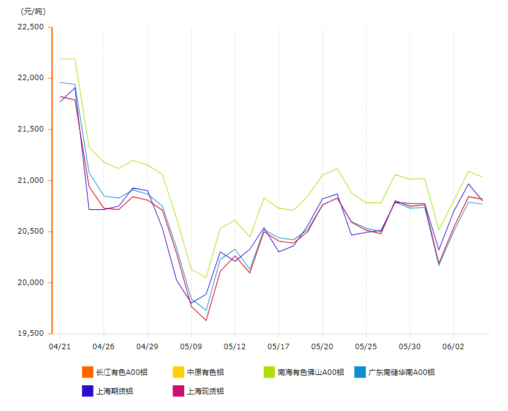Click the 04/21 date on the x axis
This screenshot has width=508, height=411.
pos(59,346)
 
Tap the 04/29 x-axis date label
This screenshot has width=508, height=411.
pos(147,346)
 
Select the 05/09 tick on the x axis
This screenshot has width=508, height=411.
pos(191,346)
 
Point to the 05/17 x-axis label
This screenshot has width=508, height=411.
pos(278,346)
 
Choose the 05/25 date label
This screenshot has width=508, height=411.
pos(366,346)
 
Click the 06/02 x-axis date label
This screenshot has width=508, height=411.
pos(454,346)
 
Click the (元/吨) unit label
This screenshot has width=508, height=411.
pos(33,11)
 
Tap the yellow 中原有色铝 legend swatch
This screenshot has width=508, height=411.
pos(179,372)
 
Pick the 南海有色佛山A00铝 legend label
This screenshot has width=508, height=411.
pos(311,372)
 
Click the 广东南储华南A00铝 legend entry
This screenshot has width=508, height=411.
pos(401,372)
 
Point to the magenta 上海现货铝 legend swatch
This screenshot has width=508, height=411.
pos(179,390)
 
